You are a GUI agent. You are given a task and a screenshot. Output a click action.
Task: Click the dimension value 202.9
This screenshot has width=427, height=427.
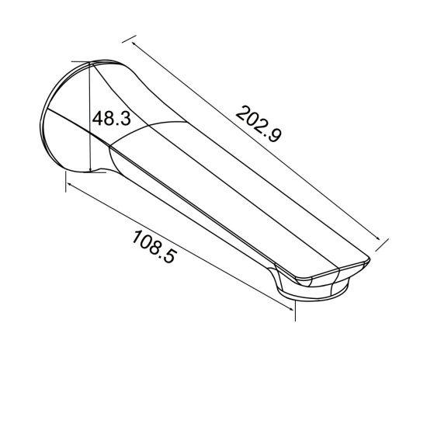point(258,122)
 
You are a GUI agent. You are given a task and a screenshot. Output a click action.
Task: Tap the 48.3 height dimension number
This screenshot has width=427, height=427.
point(110,119)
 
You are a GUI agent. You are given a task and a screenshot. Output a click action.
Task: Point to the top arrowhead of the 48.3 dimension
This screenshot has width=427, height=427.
point(92,68)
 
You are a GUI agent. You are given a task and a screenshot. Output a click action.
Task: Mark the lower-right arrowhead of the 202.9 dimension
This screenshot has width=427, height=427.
point(381,242)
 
